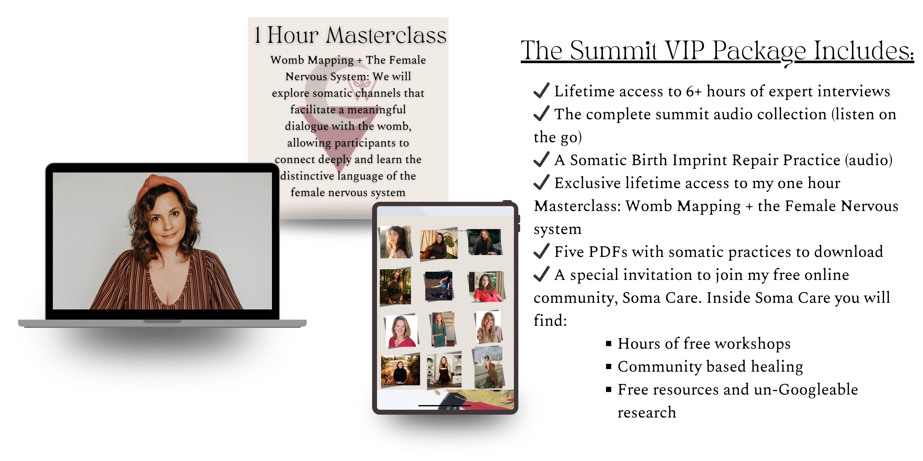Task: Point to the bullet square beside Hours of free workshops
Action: [x=608, y=344]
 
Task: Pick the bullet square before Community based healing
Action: [x=608, y=367]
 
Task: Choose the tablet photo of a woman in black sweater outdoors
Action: [x=400, y=370]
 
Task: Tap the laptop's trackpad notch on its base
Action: [x=162, y=321]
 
